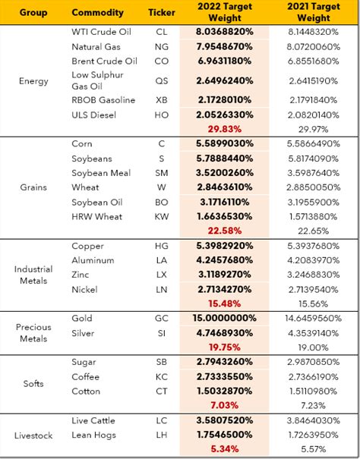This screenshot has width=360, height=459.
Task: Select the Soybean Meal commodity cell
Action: [x=101, y=173]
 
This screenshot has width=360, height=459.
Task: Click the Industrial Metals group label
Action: [x=33, y=275]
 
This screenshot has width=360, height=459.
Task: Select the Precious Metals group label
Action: [x=33, y=333]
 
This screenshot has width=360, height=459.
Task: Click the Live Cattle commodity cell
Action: [x=96, y=420]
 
